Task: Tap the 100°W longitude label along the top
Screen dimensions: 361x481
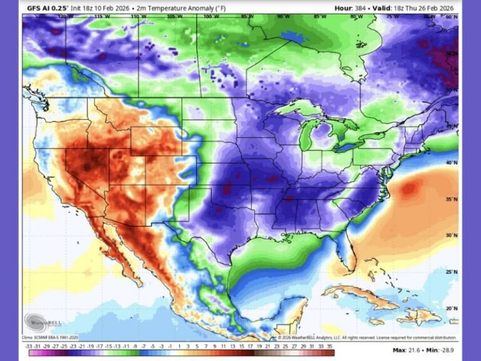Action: (208, 16)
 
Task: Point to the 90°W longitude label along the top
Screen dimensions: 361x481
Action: (283, 16)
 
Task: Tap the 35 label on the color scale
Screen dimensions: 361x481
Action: (331, 345)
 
